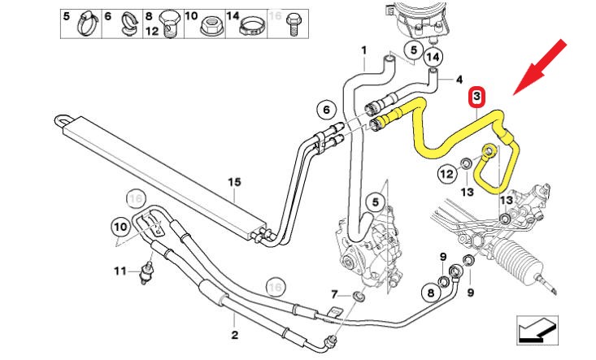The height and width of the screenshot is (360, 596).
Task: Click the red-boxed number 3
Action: (x=477, y=98)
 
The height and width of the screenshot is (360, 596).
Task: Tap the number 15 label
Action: (x=234, y=183)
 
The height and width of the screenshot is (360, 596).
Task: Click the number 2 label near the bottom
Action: (x=234, y=334)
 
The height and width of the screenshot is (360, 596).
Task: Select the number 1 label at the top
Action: (x=364, y=50)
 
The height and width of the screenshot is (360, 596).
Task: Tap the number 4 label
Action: (x=459, y=80)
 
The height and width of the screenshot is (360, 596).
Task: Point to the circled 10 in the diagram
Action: (x=120, y=227)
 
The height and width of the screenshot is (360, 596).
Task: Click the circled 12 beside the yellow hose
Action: (x=446, y=172)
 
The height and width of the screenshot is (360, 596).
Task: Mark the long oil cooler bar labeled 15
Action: (x=163, y=170)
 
